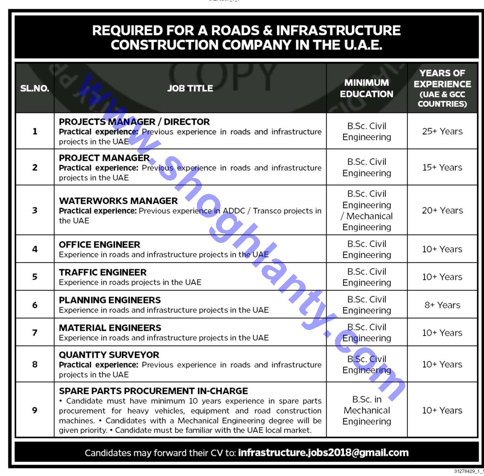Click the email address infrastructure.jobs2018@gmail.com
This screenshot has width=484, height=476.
323,453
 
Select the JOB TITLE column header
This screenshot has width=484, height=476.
190,88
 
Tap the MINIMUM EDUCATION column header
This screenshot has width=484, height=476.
367,88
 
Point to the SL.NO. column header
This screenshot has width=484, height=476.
35,89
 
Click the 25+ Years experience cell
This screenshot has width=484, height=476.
442,131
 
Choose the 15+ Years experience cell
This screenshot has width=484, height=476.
442,167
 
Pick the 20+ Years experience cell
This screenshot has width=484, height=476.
442,210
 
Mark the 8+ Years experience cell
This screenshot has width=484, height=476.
442,305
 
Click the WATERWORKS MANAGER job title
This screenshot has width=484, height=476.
118,201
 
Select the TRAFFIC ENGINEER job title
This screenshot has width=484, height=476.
103,272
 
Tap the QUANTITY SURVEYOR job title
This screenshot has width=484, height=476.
109,355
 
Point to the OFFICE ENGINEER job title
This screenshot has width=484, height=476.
100,244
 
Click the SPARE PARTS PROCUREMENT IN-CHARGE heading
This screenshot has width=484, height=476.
153,391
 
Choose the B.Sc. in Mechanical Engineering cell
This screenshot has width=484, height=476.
367,410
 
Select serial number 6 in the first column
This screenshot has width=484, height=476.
35,305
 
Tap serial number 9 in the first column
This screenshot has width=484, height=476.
35,410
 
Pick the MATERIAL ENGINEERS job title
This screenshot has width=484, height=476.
110,328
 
